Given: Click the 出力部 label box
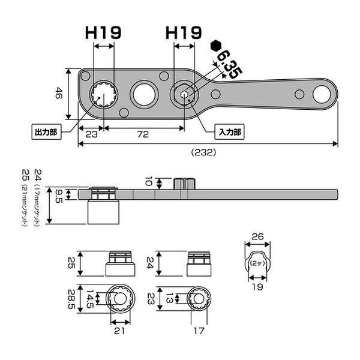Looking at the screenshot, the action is coord(46,132).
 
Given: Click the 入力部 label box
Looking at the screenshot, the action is coord(229,132).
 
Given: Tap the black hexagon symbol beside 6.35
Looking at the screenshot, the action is coord(215,46).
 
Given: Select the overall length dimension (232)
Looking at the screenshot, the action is coord(203,152).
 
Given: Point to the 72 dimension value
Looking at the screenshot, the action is coord(143,134).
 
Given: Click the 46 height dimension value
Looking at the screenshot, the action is coord(59,93).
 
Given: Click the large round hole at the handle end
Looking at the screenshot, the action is coord(322,94).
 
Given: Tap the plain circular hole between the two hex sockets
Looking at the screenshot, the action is coord(144,95).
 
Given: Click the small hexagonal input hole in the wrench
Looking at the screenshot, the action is coord(184,95).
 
